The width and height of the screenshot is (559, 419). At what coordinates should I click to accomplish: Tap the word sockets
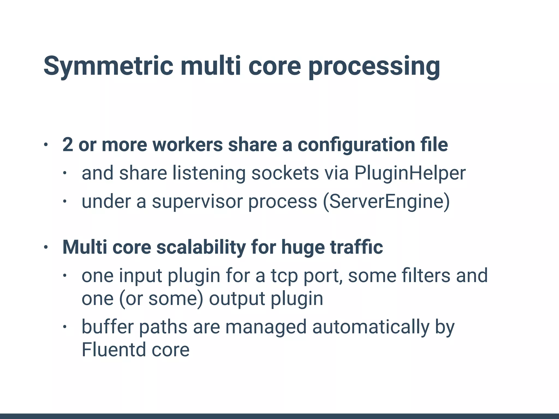285,173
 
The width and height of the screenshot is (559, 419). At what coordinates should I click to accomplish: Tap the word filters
426,276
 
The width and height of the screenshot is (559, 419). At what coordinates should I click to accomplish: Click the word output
237,299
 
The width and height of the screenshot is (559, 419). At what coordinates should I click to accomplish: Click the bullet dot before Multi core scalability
46,247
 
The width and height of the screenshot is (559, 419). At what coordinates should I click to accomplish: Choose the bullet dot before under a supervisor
65,202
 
